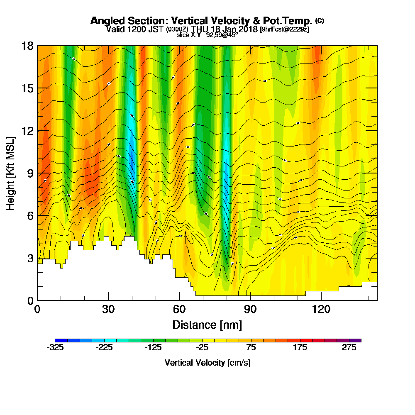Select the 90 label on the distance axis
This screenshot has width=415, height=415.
coord(250,309)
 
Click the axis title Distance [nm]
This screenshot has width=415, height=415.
coord(207,324)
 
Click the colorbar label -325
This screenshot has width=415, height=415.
coord(55,348)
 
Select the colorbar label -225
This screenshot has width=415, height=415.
coord(104,348)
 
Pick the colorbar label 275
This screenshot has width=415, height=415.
coord(349,348)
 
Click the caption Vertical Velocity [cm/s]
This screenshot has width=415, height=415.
coord(207,363)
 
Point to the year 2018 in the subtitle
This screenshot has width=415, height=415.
coord(247,29)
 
